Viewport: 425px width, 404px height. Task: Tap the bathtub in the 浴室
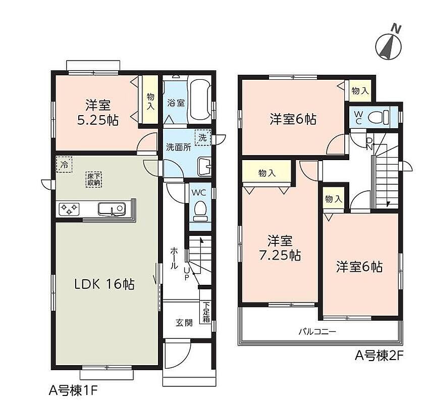coord(200,100)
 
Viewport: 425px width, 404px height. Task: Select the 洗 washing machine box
coord(203,137)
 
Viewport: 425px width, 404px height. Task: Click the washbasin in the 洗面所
coord(204,166)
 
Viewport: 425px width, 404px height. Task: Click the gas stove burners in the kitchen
coord(69,209)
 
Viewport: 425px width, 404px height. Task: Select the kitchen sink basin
coord(112,209)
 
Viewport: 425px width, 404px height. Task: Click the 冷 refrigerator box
coord(64,164)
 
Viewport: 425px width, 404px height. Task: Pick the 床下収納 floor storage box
coord(94,179)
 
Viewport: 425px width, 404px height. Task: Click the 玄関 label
coord(184,323)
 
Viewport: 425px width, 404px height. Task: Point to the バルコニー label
coord(317,331)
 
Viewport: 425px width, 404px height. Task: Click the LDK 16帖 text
coord(104,284)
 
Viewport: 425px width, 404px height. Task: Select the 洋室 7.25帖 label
coord(280,247)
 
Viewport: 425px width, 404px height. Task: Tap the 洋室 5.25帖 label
coord(98,113)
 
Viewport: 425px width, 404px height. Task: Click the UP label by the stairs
coord(187,274)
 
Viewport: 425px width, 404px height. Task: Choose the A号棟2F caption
coord(380,356)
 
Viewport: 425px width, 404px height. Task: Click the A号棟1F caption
coord(73,391)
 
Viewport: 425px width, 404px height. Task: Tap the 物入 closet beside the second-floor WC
coord(360,91)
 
